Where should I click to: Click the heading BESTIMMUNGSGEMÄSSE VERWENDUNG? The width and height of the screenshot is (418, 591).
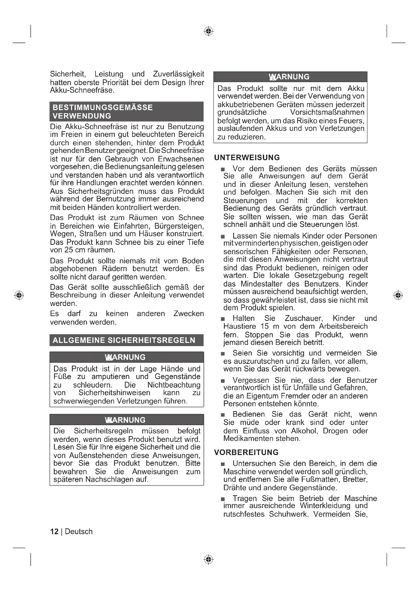pyautogui.click(x=103, y=111)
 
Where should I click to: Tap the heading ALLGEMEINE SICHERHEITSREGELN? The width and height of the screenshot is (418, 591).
pyautogui.click(x=124, y=340)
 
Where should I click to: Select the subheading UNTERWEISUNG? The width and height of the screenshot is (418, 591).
pyautogui.click(x=247, y=157)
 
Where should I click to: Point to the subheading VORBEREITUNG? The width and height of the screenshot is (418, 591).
pyautogui.click(x=246, y=452)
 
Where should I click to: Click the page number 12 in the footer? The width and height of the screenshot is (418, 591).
pyautogui.click(x=54, y=532)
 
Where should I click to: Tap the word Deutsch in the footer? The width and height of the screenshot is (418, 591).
pyautogui.click(x=79, y=532)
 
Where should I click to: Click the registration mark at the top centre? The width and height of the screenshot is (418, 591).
pyautogui.click(x=208, y=31)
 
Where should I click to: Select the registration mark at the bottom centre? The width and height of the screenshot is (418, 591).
pyautogui.click(x=208, y=559)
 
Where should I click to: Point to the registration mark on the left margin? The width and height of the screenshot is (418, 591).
pyautogui.click(x=19, y=295)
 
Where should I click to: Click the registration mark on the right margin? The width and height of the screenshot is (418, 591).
pyautogui.click(x=398, y=295)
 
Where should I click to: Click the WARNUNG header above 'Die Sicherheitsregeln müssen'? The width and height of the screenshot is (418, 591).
pyautogui.click(x=125, y=420)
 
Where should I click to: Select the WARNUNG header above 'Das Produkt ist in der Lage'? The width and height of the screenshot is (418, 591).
pyautogui.click(x=125, y=357)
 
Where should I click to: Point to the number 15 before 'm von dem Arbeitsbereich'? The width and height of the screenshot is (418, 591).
pyautogui.click(x=265, y=326)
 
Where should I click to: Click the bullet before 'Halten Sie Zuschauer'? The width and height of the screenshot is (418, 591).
pyautogui.click(x=223, y=319)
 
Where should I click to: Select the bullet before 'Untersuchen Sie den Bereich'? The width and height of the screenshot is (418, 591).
pyautogui.click(x=223, y=464)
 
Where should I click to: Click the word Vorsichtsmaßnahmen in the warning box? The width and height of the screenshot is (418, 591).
pyautogui.click(x=327, y=112)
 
